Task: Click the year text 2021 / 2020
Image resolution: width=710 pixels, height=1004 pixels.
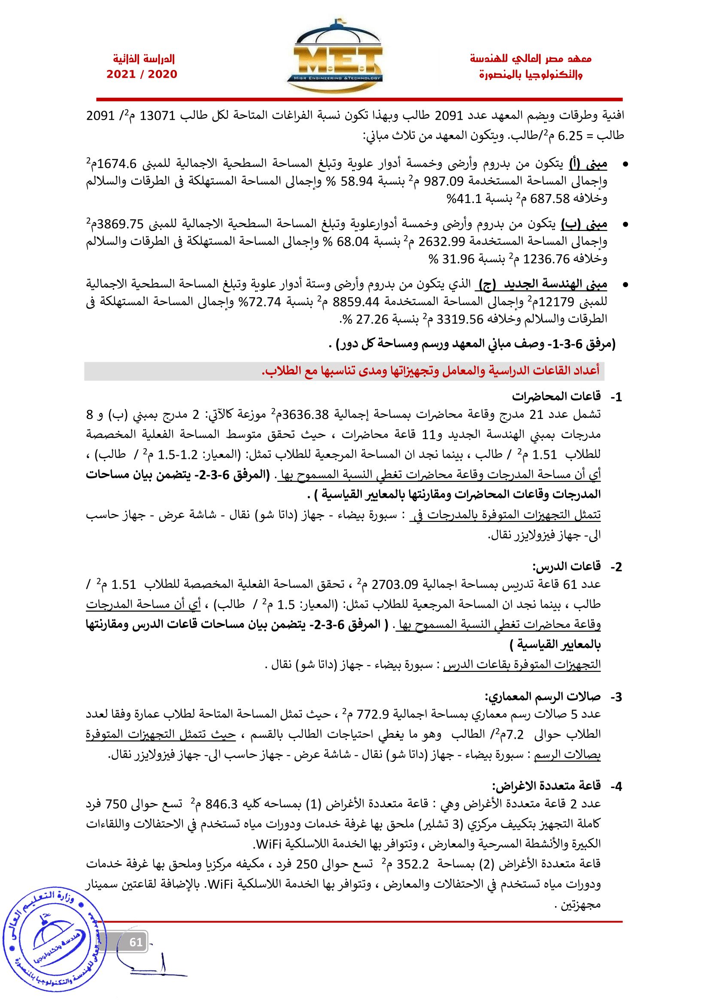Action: pyautogui.click(x=142, y=74)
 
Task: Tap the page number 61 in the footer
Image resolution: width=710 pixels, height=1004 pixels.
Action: pyautogui.click(x=136, y=942)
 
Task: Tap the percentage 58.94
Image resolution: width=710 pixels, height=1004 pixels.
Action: pyautogui.click(x=356, y=181)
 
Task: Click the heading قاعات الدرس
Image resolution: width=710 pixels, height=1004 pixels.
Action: pyautogui.click(x=566, y=566)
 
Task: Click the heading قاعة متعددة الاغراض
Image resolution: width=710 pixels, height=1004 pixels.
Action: pyautogui.click(x=546, y=786)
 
